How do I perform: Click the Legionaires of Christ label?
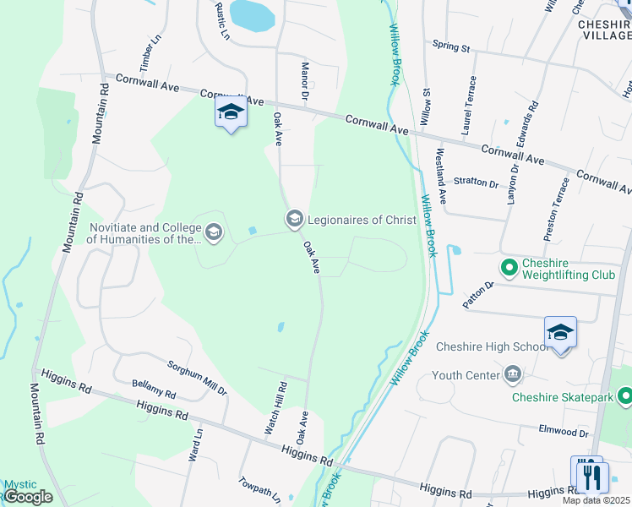362,221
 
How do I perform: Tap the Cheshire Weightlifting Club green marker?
509,269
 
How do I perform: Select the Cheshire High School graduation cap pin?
560,333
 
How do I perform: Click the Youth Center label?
465,374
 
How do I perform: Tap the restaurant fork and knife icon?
589,476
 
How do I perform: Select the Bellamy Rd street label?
153,390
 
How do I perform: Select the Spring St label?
450,46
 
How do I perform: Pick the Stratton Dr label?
476,182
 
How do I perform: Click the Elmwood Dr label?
564,432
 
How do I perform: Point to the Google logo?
28,497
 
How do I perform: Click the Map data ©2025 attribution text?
596,500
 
